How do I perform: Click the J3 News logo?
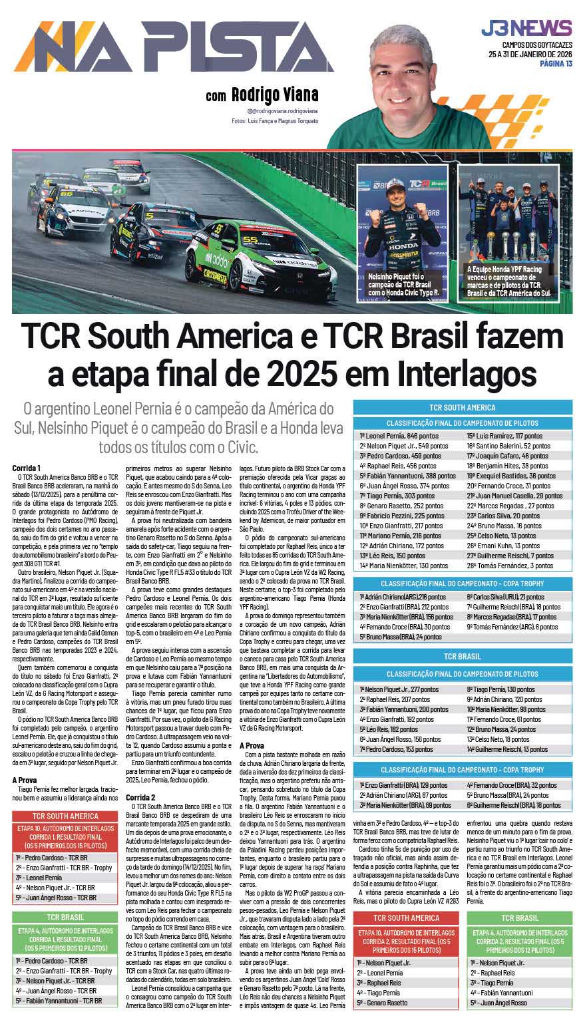(x=526, y=29)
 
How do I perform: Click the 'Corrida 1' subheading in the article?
(x=27, y=468)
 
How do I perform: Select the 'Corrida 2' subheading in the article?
(x=140, y=796)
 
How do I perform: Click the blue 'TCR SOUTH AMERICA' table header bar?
(x=462, y=407)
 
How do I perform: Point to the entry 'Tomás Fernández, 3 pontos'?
(x=519, y=566)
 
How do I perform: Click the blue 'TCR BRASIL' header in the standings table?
(x=462, y=657)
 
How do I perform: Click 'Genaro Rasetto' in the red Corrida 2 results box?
(x=383, y=1003)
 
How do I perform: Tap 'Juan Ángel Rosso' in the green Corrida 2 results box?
(x=499, y=1003)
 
